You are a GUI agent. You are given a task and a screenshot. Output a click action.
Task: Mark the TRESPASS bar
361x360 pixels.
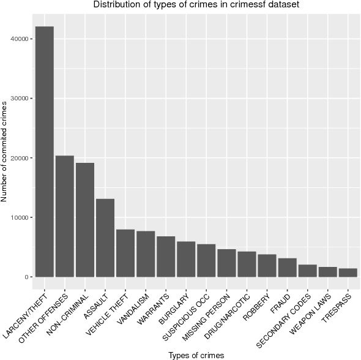(x=348, y=272)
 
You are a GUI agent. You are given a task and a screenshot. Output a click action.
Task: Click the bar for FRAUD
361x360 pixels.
(x=288, y=268)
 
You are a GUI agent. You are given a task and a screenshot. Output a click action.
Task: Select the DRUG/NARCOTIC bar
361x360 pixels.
(x=247, y=264)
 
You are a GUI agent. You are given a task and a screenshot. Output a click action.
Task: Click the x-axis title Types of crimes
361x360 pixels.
(x=196, y=354)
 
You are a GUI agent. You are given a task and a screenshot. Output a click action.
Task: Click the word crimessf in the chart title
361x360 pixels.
(x=245, y=6)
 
